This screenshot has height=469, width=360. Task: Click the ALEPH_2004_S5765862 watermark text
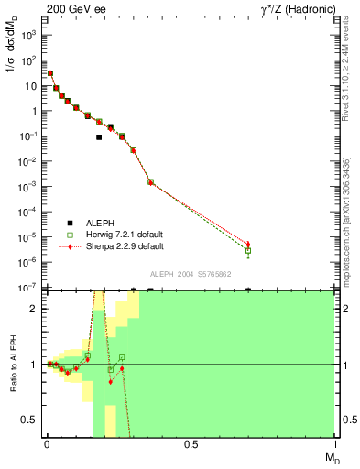(x=191, y=274)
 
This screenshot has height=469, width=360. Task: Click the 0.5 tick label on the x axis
(x=190, y=442)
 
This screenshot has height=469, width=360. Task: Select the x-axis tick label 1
(x=333, y=442)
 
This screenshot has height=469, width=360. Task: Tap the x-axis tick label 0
(x=46, y=442)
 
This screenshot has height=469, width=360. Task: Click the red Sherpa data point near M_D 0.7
(x=248, y=245)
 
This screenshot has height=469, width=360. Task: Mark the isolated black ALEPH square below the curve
(x=99, y=137)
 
